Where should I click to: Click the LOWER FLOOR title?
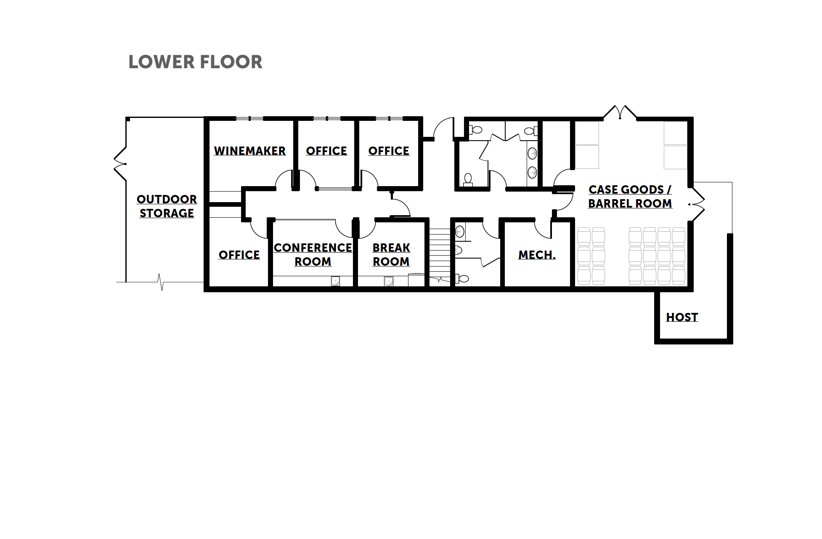195,62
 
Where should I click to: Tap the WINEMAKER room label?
250,151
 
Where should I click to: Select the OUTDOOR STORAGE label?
167,206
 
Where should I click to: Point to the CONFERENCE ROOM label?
313,254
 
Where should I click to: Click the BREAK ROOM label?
391,254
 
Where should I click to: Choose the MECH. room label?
537,255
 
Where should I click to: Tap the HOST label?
682,317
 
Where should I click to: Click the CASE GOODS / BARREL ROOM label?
630,197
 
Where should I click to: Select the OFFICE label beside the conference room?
239,255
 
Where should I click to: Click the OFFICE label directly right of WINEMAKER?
326,151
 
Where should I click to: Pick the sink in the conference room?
335,281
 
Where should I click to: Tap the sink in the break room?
389,281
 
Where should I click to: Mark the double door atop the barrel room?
620,112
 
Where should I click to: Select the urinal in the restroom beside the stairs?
459,251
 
